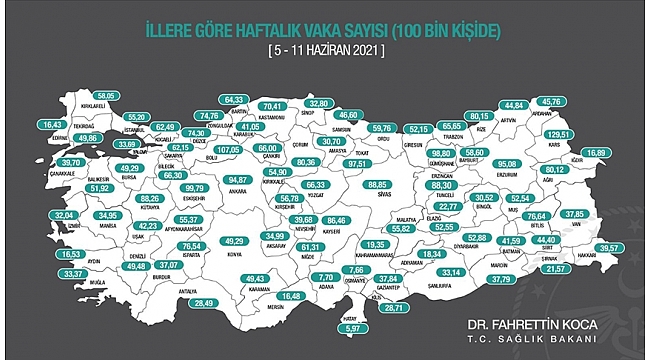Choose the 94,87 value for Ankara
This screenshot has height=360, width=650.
[x=239, y=180]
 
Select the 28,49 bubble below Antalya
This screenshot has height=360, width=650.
[x=205, y=302]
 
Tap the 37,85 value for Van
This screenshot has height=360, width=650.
[x=575, y=213]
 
